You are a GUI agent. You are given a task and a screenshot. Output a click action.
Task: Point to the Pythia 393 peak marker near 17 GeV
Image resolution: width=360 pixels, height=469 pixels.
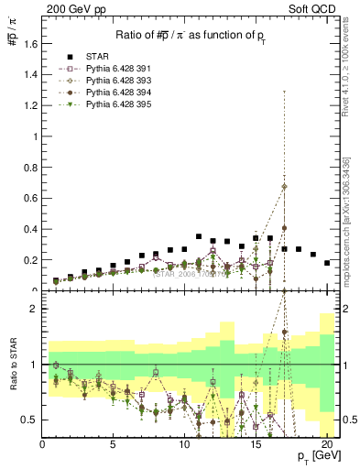point(285,187)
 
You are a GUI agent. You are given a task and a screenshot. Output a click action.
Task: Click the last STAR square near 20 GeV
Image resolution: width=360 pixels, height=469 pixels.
point(327,263)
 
